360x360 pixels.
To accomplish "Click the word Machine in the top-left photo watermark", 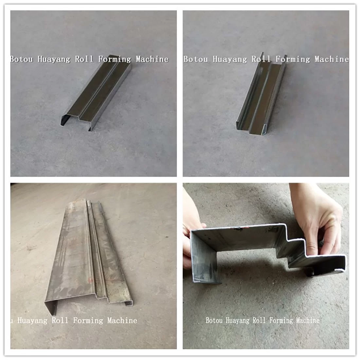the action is (x=152, y=59).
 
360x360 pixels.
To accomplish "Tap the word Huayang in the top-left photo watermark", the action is (x=54, y=60).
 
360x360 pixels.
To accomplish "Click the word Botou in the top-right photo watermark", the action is (x=195, y=59).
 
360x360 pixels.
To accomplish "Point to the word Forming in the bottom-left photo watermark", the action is (x=88, y=320).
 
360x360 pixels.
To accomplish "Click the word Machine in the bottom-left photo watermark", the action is (x=122, y=320).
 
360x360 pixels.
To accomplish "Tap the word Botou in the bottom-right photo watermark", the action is (x=214, y=320).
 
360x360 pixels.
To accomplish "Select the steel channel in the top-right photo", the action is (x=262, y=94).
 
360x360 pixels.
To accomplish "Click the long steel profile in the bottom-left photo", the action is (x=91, y=255).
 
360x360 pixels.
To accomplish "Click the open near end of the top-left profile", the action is (x=76, y=122).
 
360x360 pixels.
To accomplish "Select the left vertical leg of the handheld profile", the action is (x=204, y=257).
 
